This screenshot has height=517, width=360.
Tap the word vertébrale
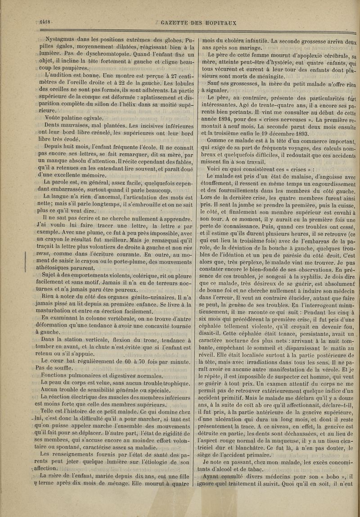tap(121, 317)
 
